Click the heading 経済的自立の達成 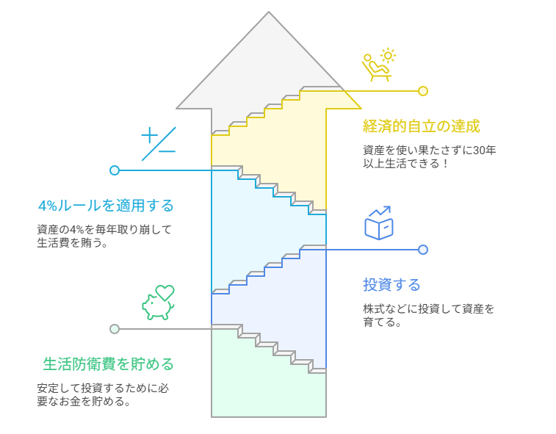point(421,126)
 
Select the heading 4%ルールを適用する point(106,205)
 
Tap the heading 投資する point(391,285)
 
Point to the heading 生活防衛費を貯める point(109,364)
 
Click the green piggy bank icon point(156,307)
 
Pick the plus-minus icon point(158,143)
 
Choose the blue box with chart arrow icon point(379,223)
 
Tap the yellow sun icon point(387,56)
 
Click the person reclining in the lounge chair point(375,68)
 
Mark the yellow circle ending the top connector point(423,91)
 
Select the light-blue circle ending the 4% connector point(115,170)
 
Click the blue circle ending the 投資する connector point(423,250)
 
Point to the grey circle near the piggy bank point(115,329)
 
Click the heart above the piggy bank point(165,292)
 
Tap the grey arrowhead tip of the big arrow point(269,13)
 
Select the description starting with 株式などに point(428,315)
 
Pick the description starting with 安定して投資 point(107,394)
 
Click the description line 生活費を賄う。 point(73,243)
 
